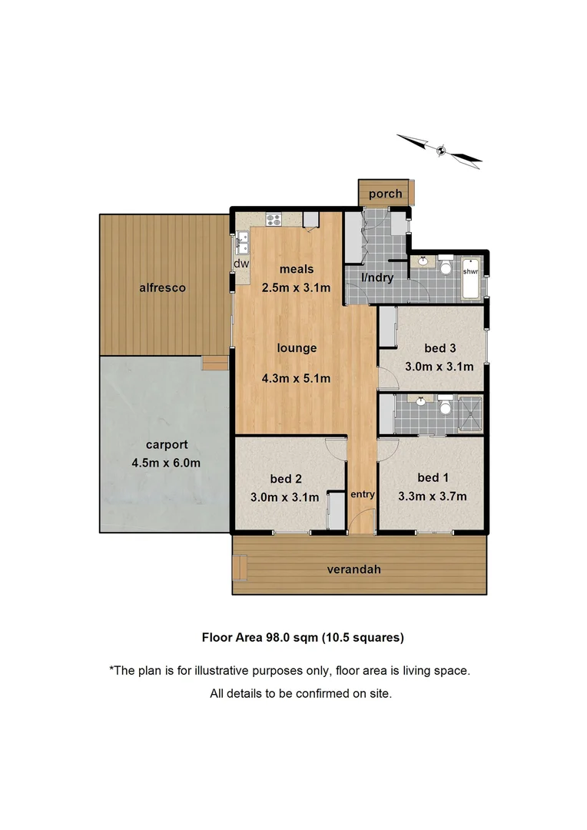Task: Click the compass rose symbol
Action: click(440, 150)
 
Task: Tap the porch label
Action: click(385, 194)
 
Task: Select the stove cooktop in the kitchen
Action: click(274, 219)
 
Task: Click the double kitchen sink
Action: click(242, 241)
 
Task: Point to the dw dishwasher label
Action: click(241, 263)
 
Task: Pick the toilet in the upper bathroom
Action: click(445, 267)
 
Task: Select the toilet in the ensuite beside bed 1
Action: click(445, 406)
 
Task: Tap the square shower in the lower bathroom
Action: click(469, 414)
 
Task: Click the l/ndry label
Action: click(378, 277)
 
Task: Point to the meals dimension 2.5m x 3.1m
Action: click(297, 288)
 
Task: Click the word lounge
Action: click(297, 348)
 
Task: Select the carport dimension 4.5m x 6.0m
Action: click(166, 463)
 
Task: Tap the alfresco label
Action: click(162, 288)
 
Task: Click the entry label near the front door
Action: click(362, 494)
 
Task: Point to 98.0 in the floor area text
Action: click(281, 636)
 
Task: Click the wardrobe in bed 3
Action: click(386, 329)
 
